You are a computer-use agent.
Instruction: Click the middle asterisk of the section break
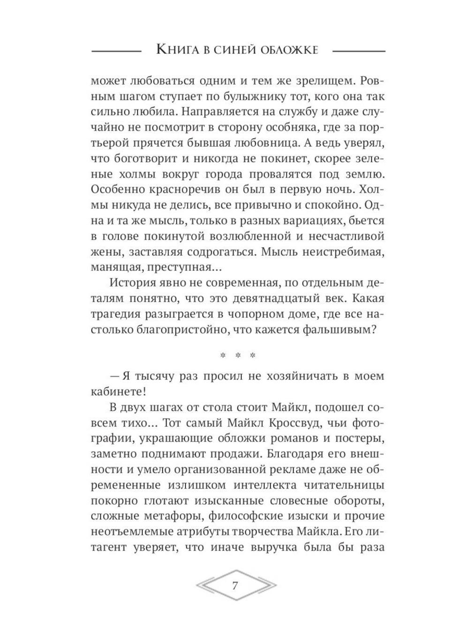238,356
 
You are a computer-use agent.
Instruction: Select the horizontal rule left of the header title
115,50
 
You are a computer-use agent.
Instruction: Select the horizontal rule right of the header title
358,50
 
